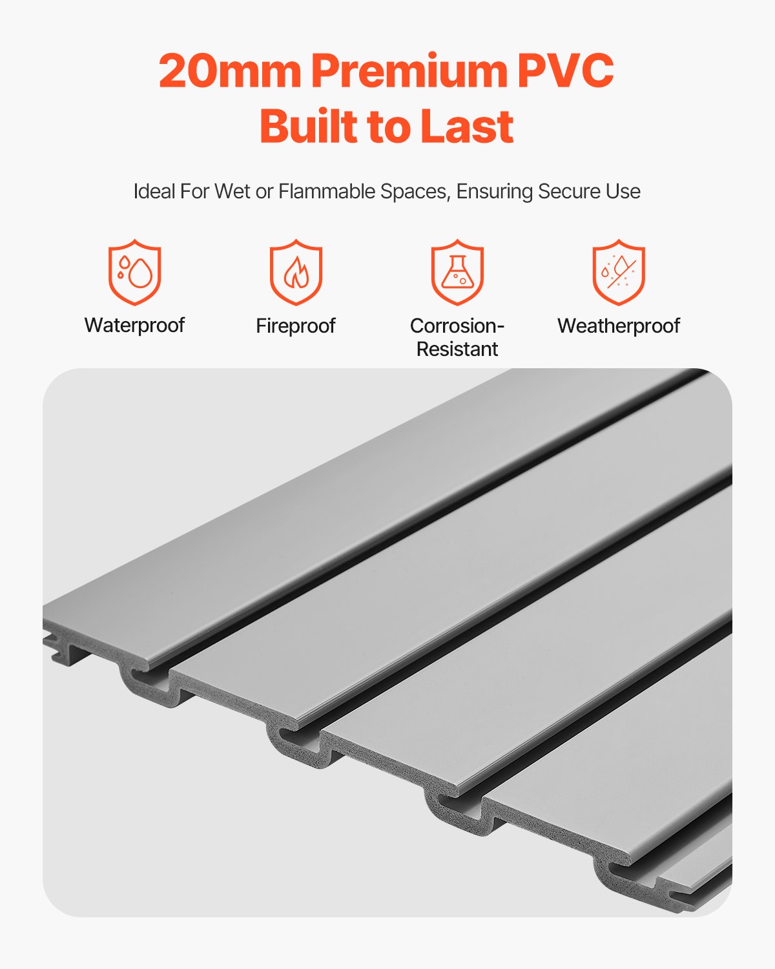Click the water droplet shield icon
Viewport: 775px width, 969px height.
point(134,272)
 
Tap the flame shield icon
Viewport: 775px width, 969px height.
point(296,272)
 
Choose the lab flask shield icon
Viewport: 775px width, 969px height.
point(457,272)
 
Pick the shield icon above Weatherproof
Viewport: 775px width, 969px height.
point(619,272)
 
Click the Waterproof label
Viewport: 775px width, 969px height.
point(134,325)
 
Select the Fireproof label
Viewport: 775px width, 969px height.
point(296,326)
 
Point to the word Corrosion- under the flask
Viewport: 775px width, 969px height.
point(457,326)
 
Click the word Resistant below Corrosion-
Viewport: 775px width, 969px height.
point(457,349)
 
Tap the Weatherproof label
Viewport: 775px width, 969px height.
point(619,326)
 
